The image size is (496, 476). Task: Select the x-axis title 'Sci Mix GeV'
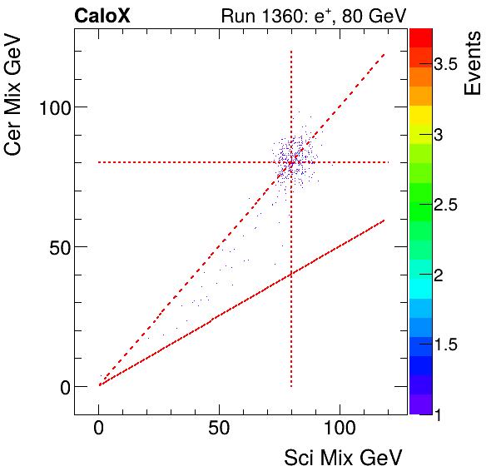click(x=343, y=457)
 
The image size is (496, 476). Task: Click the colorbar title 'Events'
click(x=474, y=63)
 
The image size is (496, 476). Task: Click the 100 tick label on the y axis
click(x=54, y=107)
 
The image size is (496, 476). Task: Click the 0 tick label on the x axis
click(x=99, y=430)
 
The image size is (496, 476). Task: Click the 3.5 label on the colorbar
click(x=451, y=67)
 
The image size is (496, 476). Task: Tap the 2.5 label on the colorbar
click(x=451, y=206)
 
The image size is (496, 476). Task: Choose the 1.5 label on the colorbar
click(x=451, y=345)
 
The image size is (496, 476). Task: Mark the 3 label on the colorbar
click(x=444, y=136)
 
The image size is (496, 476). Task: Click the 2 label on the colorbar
click(x=444, y=275)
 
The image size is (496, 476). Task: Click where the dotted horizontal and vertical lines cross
click(x=291, y=162)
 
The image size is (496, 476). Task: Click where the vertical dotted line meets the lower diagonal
click(x=291, y=275)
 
